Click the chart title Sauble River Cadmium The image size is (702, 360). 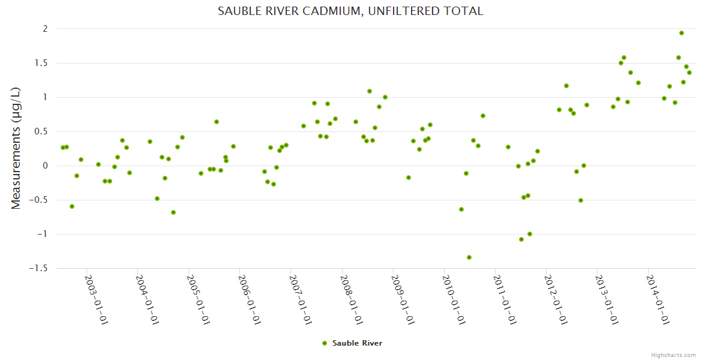tap(350, 11)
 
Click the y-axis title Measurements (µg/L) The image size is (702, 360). tap(16, 148)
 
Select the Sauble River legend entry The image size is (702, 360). tap(357, 343)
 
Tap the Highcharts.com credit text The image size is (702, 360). tap(673, 355)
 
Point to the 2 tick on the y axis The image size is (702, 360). tap(44, 29)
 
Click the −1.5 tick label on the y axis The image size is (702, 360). tap(38, 268)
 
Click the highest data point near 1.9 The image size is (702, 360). tap(682, 33)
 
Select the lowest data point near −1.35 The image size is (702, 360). tap(469, 257)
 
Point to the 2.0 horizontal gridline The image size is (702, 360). tap(360, 29)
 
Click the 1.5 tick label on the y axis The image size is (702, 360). tap(41, 63)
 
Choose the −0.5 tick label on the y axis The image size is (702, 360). tap(38, 200)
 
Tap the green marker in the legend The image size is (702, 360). tap(325, 343)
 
